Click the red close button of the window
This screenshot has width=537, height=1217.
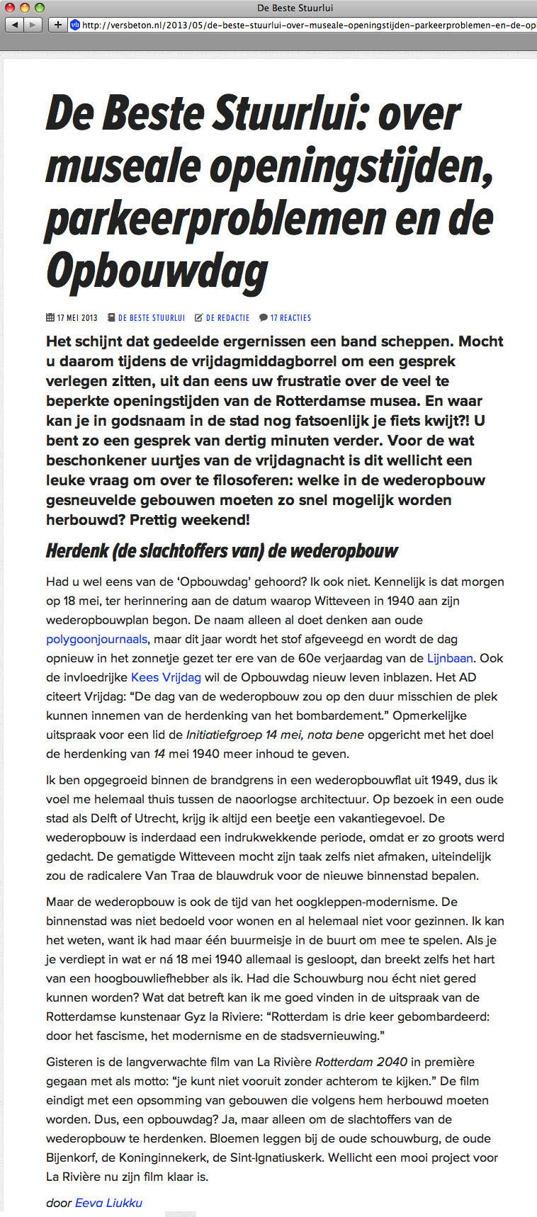click(11, 8)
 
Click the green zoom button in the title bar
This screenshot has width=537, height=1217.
click(39, 8)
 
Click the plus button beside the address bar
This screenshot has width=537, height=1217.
click(58, 25)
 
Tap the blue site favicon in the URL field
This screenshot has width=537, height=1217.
click(75, 25)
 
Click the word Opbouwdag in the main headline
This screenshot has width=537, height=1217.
click(157, 271)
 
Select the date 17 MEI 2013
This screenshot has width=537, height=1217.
click(77, 318)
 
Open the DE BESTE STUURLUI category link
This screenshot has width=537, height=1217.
click(151, 318)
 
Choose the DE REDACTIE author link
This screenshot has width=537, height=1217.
click(227, 318)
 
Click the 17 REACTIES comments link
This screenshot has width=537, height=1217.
click(290, 318)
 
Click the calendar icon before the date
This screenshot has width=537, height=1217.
click(50, 318)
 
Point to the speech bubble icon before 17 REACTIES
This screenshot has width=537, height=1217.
click(264, 318)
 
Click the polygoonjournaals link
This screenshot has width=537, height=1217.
click(96, 639)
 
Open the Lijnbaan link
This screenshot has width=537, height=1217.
click(450, 658)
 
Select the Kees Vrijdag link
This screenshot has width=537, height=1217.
click(166, 677)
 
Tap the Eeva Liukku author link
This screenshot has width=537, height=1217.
click(108, 1202)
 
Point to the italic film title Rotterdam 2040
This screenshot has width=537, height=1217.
click(361, 1062)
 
